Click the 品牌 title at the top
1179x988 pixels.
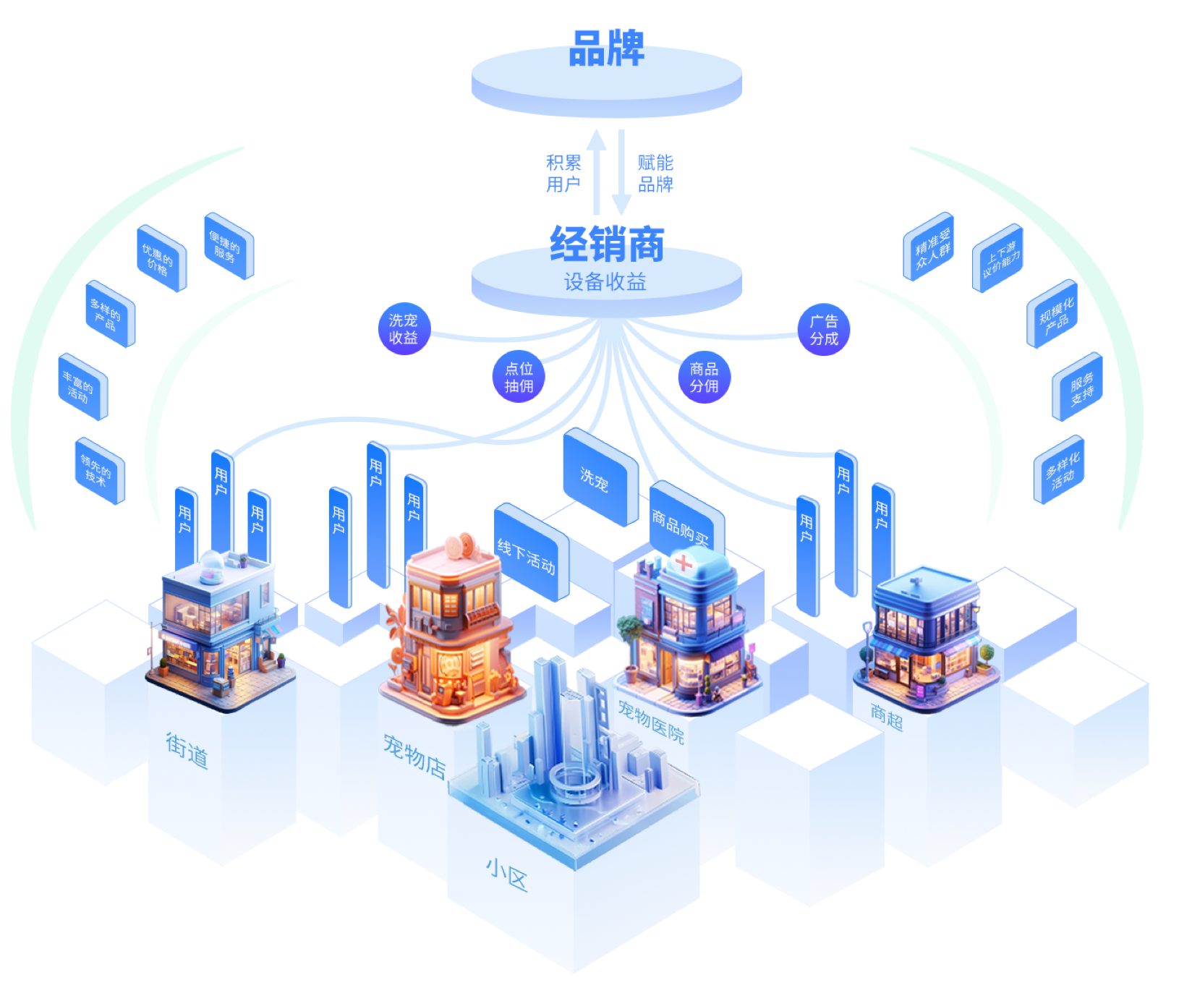(x=606, y=49)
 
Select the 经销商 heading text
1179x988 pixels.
(x=606, y=244)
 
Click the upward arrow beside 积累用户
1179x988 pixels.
(x=597, y=170)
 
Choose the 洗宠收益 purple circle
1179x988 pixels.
(x=404, y=329)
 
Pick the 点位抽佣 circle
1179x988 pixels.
(x=519, y=377)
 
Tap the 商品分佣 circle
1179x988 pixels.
(x=704, y=377)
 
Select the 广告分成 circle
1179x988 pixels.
(x=823, y=330)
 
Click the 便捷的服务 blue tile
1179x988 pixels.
(x=228, y=246)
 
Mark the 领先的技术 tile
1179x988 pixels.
(x=99, y=470)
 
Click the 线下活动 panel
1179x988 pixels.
(x=530, y=553)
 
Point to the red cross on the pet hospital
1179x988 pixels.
(x=683, y=561)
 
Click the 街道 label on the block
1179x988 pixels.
(x=187, y=750)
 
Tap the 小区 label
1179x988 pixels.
(x=506, y=874)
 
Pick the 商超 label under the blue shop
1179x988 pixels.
(x=887, y=717)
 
